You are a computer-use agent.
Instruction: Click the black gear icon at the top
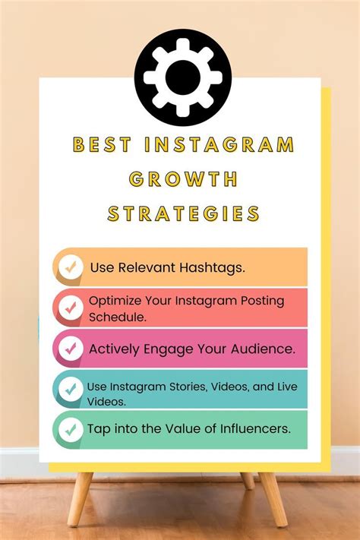click(183, 77)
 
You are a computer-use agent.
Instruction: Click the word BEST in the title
click(103, 144)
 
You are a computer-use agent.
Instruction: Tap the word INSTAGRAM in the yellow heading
click(219, 144)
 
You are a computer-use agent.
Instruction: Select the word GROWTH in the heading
click(183, 179)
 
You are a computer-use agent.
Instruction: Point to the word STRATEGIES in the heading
click(183, 213)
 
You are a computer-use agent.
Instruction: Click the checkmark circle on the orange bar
click(71, 267)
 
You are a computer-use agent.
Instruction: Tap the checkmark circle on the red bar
click(71, 308)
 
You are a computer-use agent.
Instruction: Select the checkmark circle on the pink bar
click(71, 349)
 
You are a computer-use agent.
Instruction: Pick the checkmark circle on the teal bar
click(71, 389)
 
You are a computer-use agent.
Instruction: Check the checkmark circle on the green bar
click(71, 430)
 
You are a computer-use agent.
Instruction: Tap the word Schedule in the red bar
click(118, 317)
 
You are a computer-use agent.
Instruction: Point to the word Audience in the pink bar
click(264, 349)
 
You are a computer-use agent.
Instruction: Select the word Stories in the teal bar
click(188, 387)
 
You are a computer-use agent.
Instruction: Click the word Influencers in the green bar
click(255, 429)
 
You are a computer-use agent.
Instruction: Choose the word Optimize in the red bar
click(115, 302)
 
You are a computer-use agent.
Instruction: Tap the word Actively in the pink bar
click(114, 349)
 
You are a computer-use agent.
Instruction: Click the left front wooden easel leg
click(80, 499)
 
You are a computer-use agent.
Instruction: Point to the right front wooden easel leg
click(273, 499)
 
